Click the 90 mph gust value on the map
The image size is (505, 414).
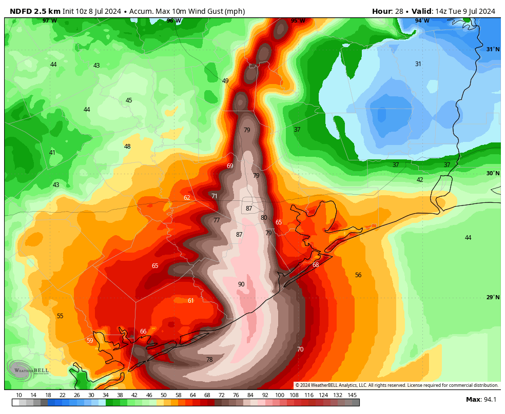click(x=241, y=284)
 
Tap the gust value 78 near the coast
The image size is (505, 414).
click(x=209, y=360)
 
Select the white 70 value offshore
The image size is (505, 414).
click(x=300, y=349)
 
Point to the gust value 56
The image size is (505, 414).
click(x=358, y=275)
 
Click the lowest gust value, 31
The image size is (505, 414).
click(x=418, y=64)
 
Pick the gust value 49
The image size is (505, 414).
click(x=225, y=81)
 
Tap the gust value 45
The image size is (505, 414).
click(x=129, y=100)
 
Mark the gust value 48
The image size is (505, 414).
click(x=127, y=147)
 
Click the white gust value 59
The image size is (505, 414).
click(x=90, y=341)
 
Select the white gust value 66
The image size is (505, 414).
click(x=143, y=332)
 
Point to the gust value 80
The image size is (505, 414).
click(x=264, y=218)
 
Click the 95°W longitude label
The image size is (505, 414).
click(x=298, y=21)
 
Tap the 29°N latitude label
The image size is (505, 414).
click(x=493, y=298)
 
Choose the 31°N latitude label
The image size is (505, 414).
click(x=493, y=50)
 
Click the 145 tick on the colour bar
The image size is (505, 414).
click(x=352, y=395)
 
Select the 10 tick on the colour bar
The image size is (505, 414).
click(x=19, y=395)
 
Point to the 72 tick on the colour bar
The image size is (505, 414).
click(x=222, y=395)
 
